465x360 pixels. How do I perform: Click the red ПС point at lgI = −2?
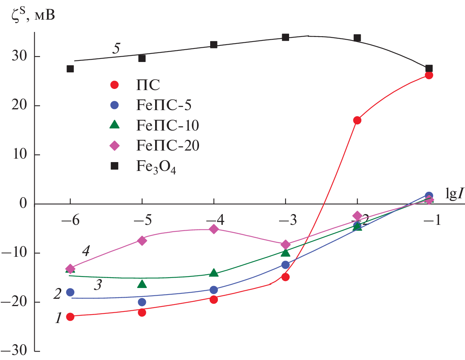(357, 120)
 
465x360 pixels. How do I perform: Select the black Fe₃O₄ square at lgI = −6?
(70, 69)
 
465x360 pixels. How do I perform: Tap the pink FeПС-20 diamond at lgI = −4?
(214, 229)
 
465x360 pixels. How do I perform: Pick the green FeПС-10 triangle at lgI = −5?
(142, 284)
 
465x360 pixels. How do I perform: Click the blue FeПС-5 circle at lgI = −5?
(142, 302)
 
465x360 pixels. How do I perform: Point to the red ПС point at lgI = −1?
(429, 75)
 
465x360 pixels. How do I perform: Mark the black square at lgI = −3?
(285, 37)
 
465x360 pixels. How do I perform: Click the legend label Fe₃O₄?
(156, 167)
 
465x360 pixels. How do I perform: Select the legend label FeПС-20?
(167, 146)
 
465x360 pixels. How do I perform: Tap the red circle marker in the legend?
(115, 85)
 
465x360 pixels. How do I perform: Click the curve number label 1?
(58, 318)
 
